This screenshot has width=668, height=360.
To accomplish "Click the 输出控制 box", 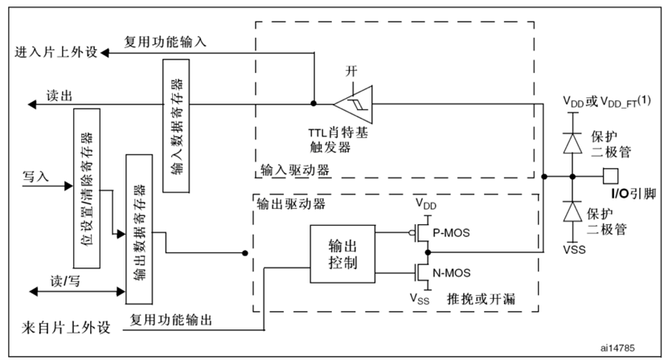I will [x=341, y=253].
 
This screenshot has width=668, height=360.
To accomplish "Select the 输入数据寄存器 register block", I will [x=174, y=134].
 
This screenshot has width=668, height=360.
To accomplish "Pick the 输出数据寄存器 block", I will [x=139, y=229].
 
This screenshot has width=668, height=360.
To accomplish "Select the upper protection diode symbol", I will [x=572, y=137].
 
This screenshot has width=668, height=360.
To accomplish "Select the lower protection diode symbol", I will [x=572, y=212].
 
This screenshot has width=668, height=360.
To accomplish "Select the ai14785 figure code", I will [x=619, y=349].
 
